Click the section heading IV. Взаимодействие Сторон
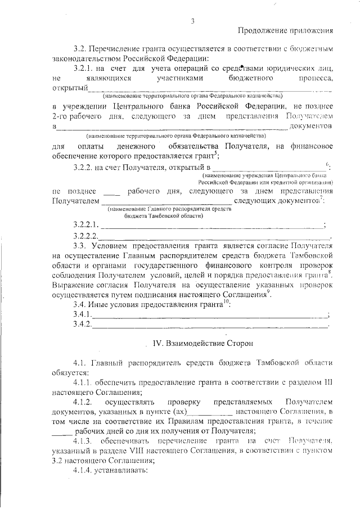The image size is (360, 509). (199, 343)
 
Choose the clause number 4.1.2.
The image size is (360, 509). (82, 403)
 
